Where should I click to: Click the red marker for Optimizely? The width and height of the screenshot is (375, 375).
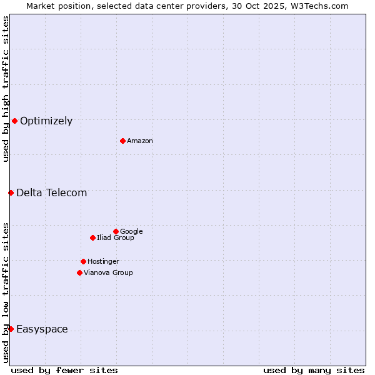click(14, 121)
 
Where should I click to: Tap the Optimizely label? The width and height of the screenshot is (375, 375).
click(46, 121)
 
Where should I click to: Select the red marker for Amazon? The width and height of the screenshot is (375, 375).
click(122, 141)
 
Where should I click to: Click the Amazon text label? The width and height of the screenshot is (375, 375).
click(140, 141)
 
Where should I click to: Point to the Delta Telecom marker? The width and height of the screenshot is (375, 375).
click(11, 192)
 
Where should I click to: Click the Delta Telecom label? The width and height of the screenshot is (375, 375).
click(52, 192)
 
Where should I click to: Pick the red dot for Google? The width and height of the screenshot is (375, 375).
click(116, 231)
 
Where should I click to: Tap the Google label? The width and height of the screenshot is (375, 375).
click(131, 232)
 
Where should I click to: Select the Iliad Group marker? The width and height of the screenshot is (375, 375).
click(92, 237)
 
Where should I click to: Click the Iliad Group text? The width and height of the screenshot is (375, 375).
click(116, 238)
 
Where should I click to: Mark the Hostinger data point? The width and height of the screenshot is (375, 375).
click(83, 261)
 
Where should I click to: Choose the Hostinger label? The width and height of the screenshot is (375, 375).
click(103, 262)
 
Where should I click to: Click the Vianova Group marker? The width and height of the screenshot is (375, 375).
click(79, 272)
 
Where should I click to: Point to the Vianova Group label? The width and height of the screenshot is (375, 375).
click(108, 273)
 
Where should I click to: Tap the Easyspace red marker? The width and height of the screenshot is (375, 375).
click(11, 329)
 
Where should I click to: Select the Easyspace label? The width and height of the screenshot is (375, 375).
click(42, 329)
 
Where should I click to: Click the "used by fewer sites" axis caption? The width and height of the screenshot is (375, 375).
click(64, 370)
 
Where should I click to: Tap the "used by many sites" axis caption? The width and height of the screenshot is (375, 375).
click(314, 370)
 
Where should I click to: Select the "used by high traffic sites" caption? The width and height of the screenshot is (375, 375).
click(6, 89)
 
